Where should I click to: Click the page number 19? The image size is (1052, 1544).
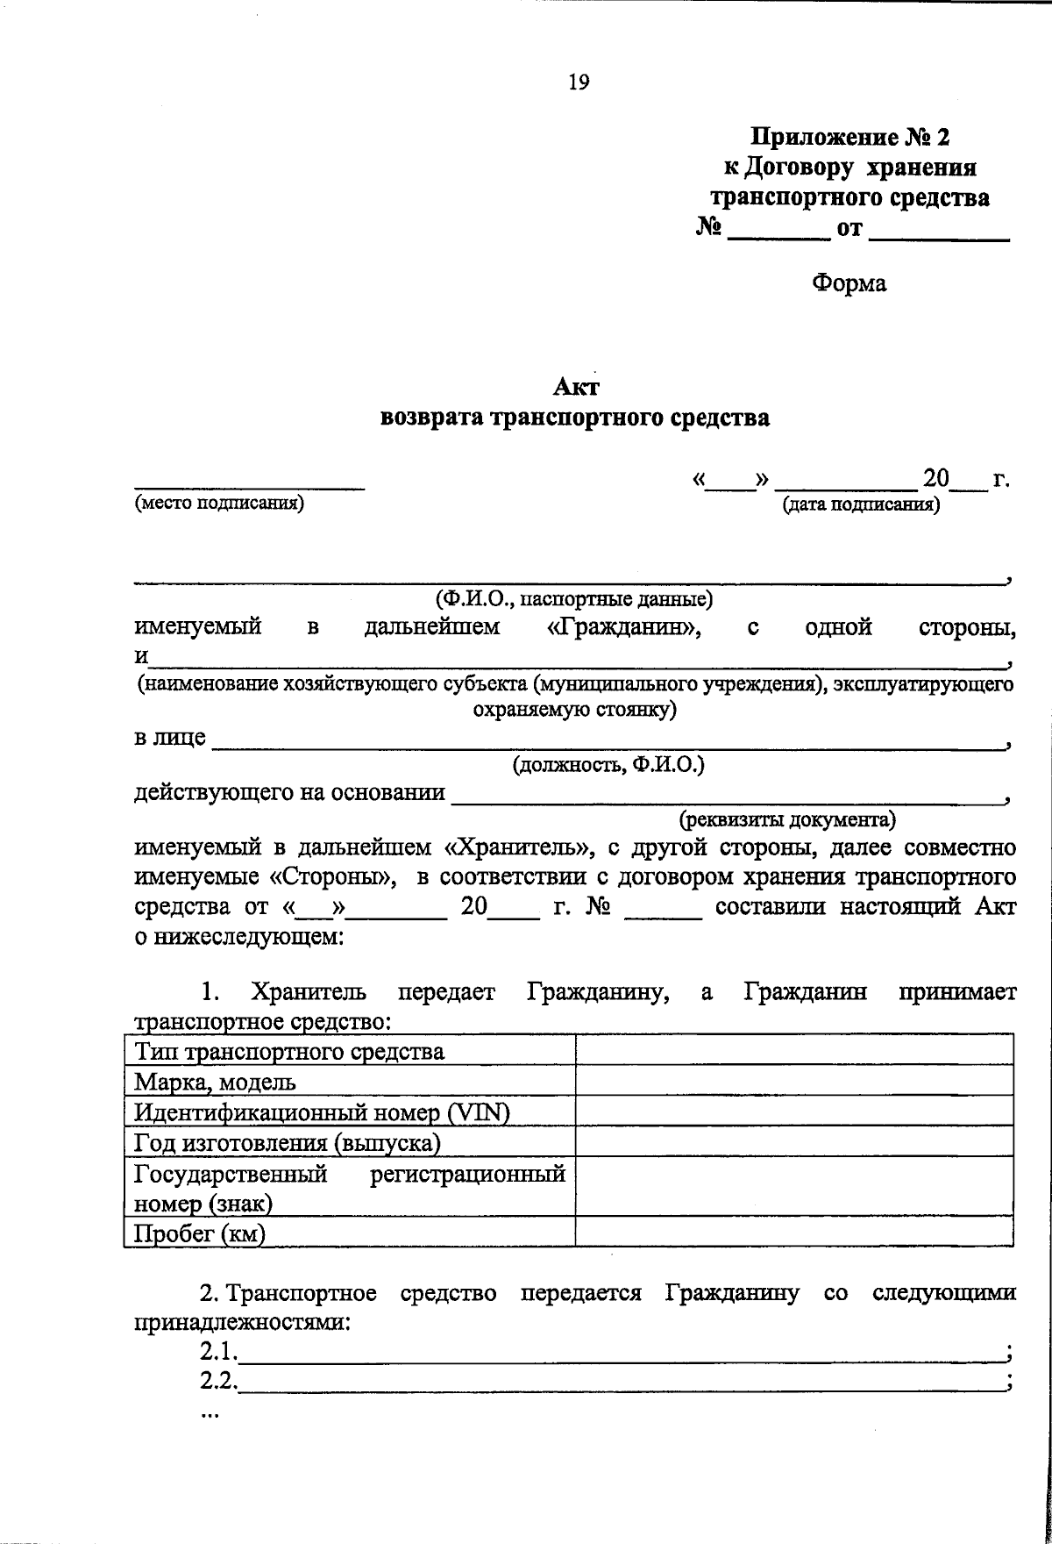click(579, 82)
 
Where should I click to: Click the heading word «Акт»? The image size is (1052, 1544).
click(576, 387)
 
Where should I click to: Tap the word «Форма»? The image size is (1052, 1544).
click(849, 283)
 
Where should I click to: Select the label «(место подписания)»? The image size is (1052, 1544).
click(219, 504)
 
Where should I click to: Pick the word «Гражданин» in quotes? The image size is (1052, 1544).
click(618, 628)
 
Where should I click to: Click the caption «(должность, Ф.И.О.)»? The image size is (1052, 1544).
click(608, 765)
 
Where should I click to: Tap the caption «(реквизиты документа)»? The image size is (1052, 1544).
click(788, 820)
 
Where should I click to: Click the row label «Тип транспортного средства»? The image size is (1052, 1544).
click(289, 1051)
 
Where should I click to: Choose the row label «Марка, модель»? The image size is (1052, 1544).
click(215, 1082)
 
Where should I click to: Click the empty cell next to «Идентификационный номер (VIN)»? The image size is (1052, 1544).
click(793, 1112)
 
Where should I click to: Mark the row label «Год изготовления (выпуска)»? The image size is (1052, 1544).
click(287, 1142)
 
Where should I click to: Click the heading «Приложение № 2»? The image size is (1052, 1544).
click(849, 138)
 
